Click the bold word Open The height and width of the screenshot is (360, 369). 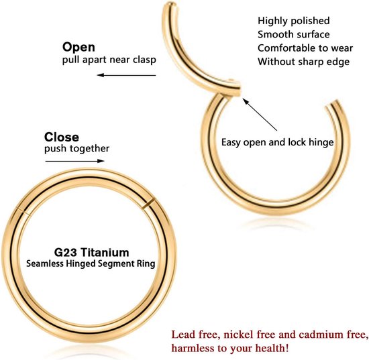tap(78, 48)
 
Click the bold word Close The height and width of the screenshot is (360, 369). tap(62, 137)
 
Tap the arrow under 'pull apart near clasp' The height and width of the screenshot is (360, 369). tap(126, 75)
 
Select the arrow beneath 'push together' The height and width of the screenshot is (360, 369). tap(75, 161)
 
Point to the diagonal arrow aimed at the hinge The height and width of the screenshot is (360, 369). tap(260, 115)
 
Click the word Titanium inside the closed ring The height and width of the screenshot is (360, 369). tap(105, 253)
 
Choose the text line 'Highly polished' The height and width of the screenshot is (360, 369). tap(293, 21)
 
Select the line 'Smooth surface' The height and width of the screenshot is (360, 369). tap(293, 34)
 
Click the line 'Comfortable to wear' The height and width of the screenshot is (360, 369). tap(305, 48)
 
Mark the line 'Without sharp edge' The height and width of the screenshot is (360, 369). tap(303, 62)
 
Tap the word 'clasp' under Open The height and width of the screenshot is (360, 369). tap(144, 60)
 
